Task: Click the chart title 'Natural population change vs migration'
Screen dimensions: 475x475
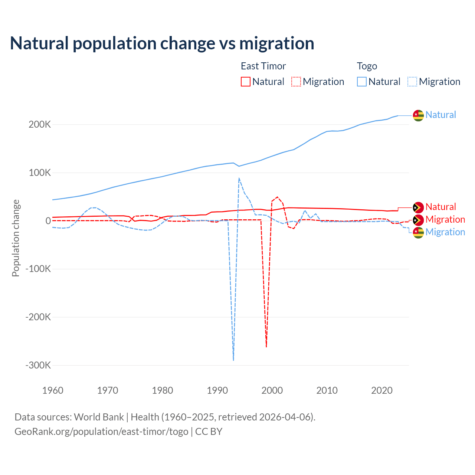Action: coord(162,43)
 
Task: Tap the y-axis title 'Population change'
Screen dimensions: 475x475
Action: coord(16,238)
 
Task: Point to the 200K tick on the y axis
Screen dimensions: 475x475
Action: coord(40,125)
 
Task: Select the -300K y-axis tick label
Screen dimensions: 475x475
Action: coord(38,365)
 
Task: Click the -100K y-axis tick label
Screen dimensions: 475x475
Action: coord(38,269)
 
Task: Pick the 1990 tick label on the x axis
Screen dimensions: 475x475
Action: coord(217,390)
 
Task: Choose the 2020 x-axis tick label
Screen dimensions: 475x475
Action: coord(382,390)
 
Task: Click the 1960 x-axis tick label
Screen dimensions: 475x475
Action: coord(53,390)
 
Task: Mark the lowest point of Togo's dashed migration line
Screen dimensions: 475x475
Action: coord(233,360)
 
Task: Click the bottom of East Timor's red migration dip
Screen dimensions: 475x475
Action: coord(266,347)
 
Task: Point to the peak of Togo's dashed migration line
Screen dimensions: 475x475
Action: coord(239,178)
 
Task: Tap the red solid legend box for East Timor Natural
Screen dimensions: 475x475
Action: coord(246,82)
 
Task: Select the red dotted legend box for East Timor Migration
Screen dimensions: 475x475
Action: coord(296,82)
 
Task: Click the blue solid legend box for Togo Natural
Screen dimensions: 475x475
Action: coord(362,82)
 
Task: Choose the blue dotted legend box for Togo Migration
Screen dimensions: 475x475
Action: coord(412,82)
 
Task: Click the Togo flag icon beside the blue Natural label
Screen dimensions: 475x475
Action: coord(418,115)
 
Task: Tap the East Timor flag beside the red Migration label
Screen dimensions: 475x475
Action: coord(418,220)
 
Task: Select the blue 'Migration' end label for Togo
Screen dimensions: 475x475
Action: coord(445,232)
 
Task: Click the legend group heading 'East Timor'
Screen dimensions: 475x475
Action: coord(263,66)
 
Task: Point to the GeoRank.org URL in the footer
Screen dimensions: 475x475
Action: coord(101,432)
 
